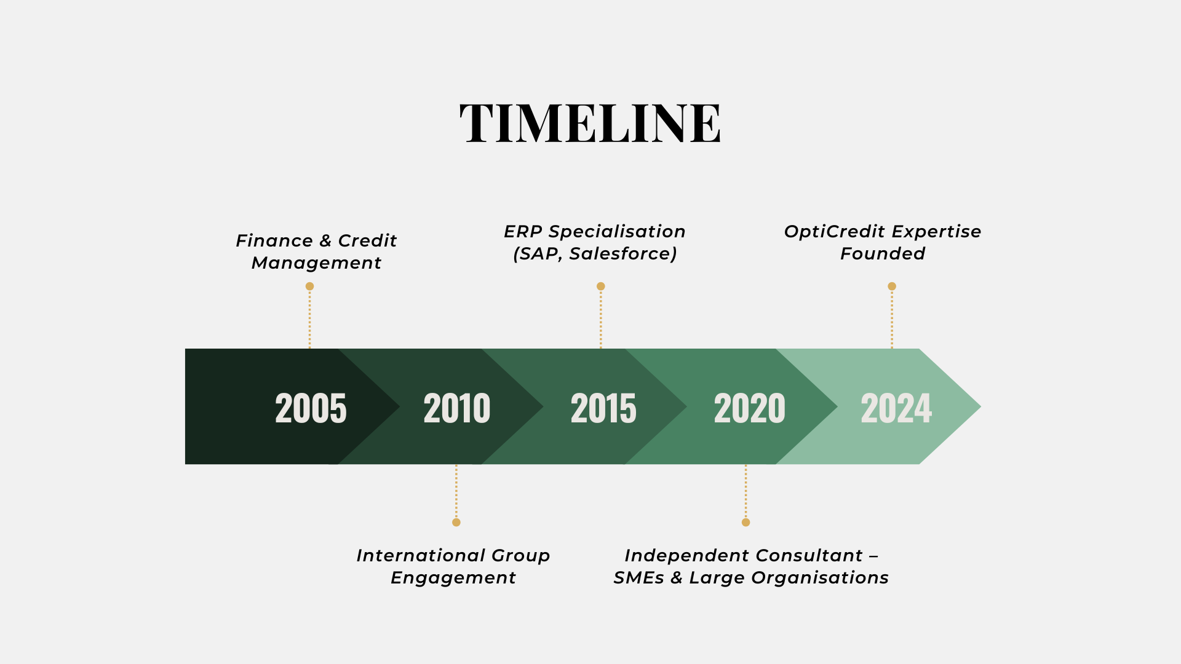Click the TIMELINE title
pyautogui.click(x=590, y=124)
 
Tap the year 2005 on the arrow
pyautogui.click(x=311, y=408)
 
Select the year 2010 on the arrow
pyautogui.click(x=457, y=408)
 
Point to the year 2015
pyautogui.click(x=603, y=408)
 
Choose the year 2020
pyautogui.click(x=750, y=408)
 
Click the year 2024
pyautogui.click(x=896, y=408)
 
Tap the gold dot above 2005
pyautogui.click(x=310, y=287)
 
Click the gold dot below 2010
pyautogui.click(x=456, y=523)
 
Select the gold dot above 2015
pyautogui.click(x=601, y=287)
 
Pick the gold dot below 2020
pyautogui.click(x=746, y=523)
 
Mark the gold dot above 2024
pyautogui.click(x=892, y=287)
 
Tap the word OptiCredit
pyautogui.click(x=835, y=232)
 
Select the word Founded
pyautogui.click(x=883, y=253)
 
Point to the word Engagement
pyautogui.click(x=453, y=579)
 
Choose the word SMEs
pyautogui.click(x=638, y=578)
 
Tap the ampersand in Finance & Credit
pyautogui.click(x=325, y=241)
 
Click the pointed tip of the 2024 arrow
pyautogui.click(x=980, y=406)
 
